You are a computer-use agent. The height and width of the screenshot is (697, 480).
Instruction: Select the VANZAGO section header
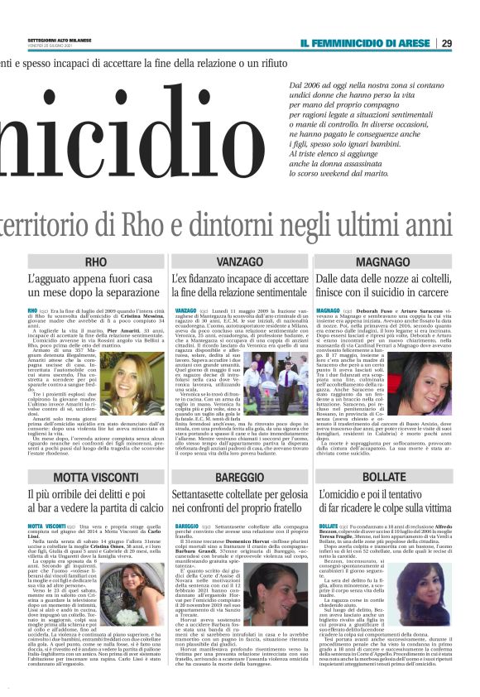click(239, 262)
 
